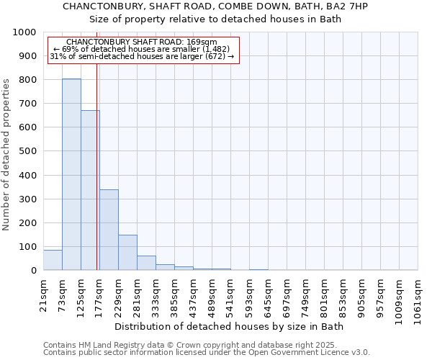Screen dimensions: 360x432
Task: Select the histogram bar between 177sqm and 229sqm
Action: coord(109,230)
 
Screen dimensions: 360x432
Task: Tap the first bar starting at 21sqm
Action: coord(53,260)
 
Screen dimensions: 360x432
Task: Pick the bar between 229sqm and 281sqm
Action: coord(127,253)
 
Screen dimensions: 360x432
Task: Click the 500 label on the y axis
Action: coord(27,151)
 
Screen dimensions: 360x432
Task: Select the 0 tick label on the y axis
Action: coord(33,271)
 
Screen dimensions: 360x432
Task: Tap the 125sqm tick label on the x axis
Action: coord(81,294)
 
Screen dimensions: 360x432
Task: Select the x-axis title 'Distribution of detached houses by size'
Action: coord(229,327)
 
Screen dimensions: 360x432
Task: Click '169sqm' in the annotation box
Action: coord(202,42)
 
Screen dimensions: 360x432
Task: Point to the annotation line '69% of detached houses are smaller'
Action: coord(141,50)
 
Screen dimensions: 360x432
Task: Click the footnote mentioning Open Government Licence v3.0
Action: coord(207,353)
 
